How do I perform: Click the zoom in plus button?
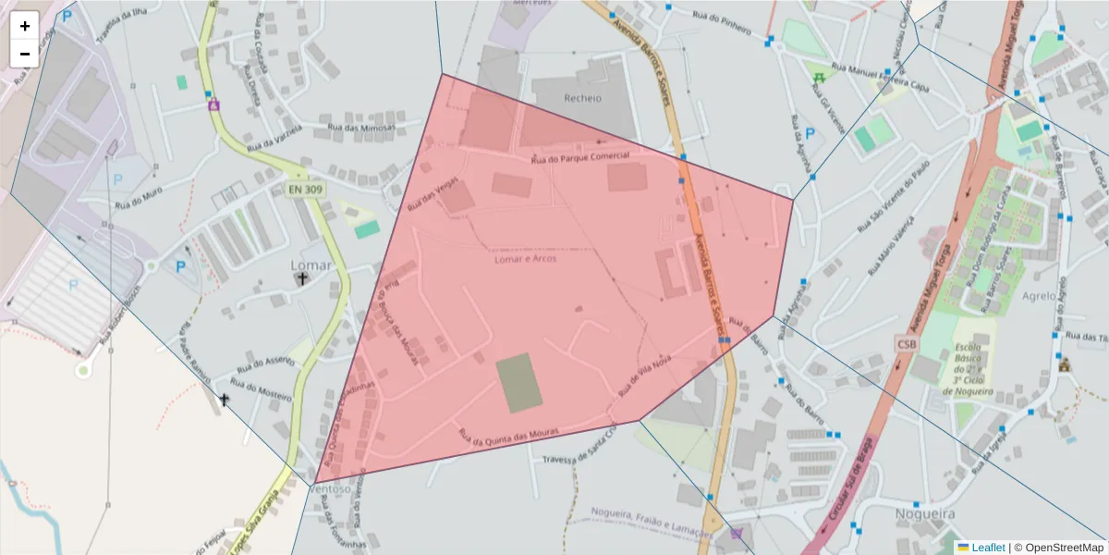click(25, 26)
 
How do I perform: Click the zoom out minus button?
click(25, 54)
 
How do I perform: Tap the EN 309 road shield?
click(306, 189)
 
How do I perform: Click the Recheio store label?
click(582, 98)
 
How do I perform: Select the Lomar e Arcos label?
click(524, 259)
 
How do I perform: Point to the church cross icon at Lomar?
click(303, 277)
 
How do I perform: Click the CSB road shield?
click(907, 344)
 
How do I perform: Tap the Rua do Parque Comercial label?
click(579, 158)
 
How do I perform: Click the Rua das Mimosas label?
click(362, 128)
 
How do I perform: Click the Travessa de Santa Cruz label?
click(579, 450)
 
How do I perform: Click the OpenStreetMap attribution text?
click(1058, 548)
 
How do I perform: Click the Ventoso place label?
click(331, 488)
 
